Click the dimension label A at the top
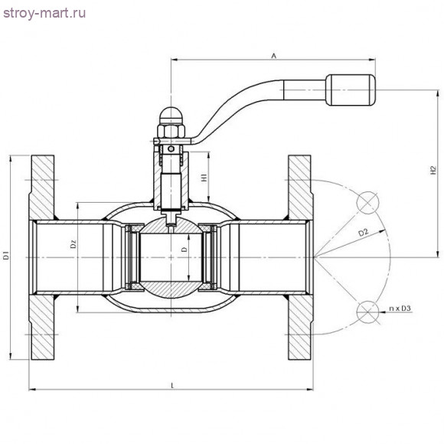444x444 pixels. coord(273,55)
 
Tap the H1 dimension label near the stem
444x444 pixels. coord(204,178)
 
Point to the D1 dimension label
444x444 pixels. coord(6,256)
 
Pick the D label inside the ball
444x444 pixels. coord(184,250)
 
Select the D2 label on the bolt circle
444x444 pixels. coord(364,232)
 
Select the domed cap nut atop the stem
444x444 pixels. coord(170,119)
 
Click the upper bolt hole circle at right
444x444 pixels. coord(368,201)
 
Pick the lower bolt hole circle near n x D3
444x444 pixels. coord(368,309)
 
